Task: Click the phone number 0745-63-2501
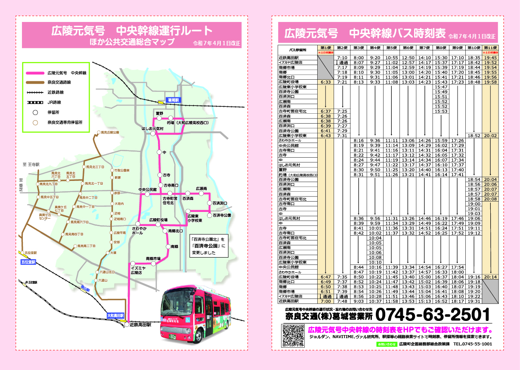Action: pyautogui.click(x=433, y=314)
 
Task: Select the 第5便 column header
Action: pyautogui.click(x=391, y=47)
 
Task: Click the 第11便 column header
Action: pyautogui.click(x=490, y=47)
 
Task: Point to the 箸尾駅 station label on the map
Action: pyautogui.click(x=175, y=100)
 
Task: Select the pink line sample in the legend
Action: pyautogui.click(x=35, y=73)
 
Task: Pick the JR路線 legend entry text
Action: pyautogui.click(x=54, y=103)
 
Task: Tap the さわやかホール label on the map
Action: pyautogui.click(x=137, y=230)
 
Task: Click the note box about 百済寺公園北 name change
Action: pyautogui.click(x=209, y=246)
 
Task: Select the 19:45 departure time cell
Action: pyautogui.click(x=490, y=58)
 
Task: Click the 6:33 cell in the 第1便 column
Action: pyautogui.click(x=325, y=82)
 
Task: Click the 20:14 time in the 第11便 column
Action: pyautogui.click(x=490, y=277)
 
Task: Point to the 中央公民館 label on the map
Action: pyautogui.click(x=147, y=190)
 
